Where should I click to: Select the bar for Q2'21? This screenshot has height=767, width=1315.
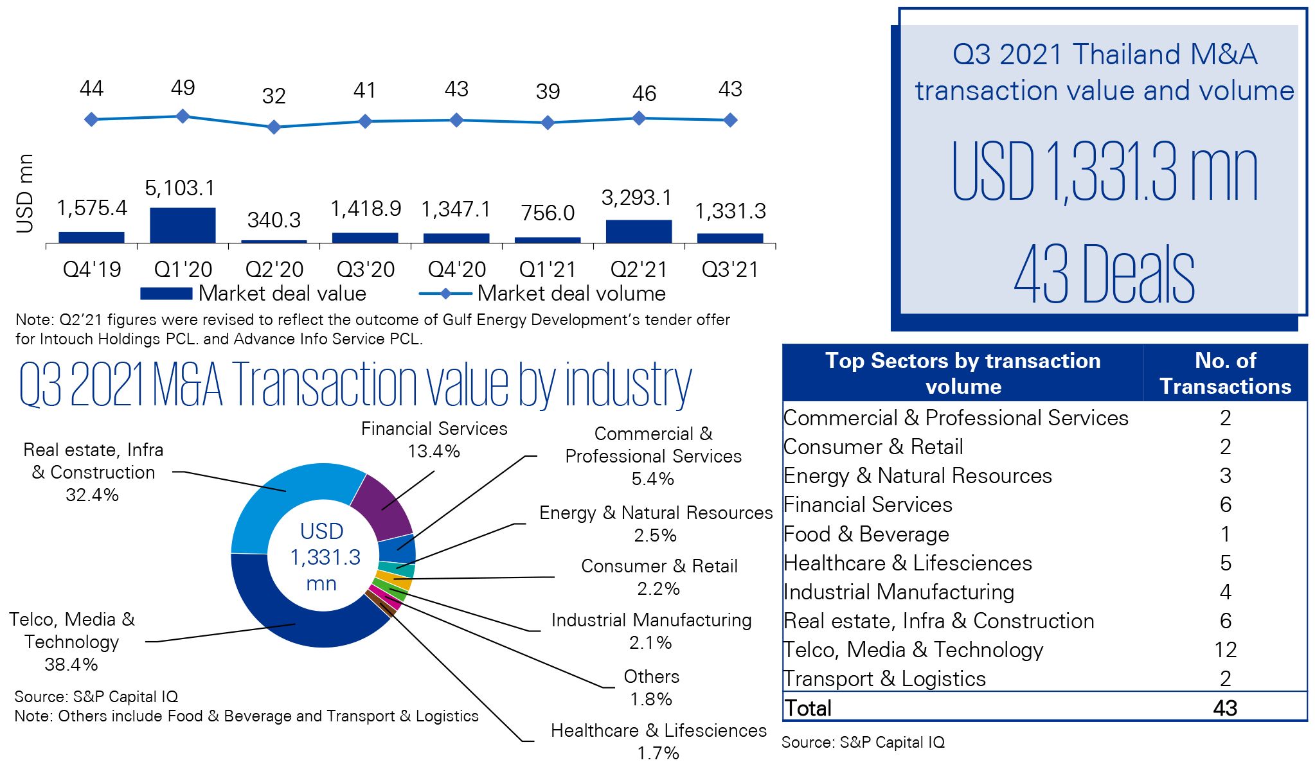pos(639,231)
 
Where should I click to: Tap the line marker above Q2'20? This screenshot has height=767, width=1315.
pos(274,127)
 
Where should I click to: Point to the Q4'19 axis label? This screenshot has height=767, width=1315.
pos(91,269)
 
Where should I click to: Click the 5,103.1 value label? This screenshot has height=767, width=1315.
pos(180,188)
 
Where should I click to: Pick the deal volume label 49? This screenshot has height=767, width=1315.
pos(183,87)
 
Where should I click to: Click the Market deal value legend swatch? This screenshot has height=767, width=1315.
pos(166,294)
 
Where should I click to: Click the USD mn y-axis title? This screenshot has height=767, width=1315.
pos(24,193)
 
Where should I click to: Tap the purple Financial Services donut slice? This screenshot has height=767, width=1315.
pos(384,507)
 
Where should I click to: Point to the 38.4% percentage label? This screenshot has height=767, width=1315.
pos(71,664)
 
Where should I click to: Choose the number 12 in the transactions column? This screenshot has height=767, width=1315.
pos(1225,649)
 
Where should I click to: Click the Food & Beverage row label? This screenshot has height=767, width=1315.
pos(866,534)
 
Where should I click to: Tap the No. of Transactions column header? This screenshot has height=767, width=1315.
pos(1225,373)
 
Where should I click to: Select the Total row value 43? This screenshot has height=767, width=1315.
pos(1225,707)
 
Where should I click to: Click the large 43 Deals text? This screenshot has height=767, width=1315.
pos(1104,274)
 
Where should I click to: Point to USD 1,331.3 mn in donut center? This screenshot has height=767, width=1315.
pos(323,557)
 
